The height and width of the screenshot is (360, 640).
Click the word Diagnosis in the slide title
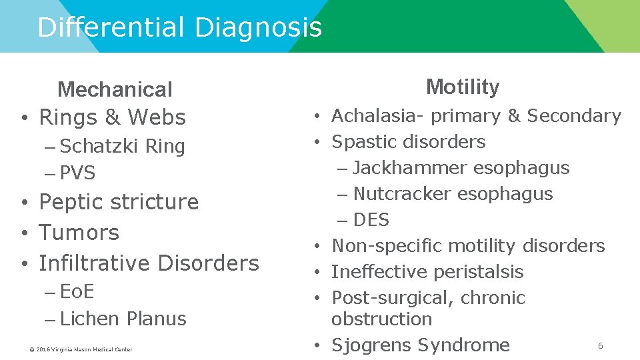258,28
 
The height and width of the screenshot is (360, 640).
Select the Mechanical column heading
115,89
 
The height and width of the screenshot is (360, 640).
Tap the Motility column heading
462,87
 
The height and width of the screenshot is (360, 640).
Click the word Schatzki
100,146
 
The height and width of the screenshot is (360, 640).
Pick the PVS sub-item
77,173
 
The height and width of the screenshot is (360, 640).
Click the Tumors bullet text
79,233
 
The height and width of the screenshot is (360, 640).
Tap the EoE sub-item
77,291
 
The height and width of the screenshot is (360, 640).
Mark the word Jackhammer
410,168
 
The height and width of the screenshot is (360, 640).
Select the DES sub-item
371,220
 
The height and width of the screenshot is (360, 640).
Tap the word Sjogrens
372,345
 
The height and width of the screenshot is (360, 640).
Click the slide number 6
600,345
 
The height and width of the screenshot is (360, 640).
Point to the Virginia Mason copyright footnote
80,349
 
